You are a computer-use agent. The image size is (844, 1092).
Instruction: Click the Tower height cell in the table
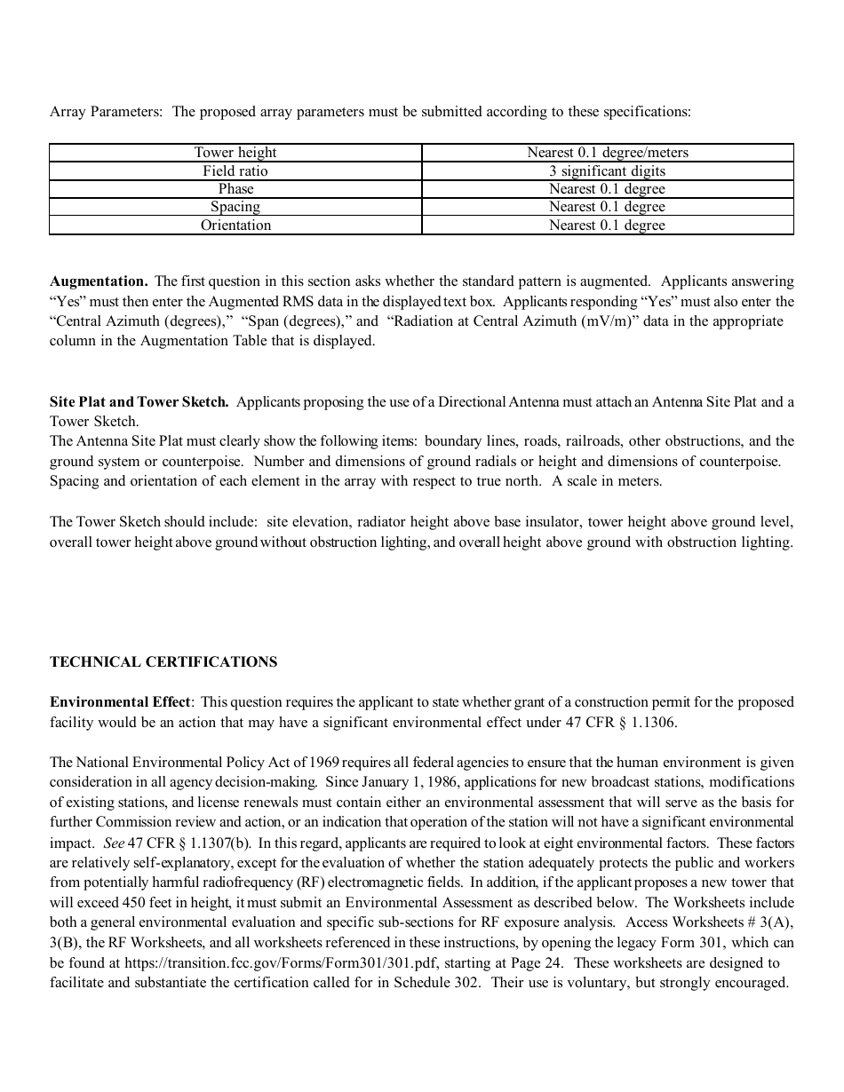pyautogui.click(x=235, y=153)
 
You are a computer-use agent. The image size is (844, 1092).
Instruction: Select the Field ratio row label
pyautogui.click(x=235, y=170)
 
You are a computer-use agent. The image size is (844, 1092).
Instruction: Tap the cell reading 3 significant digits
pyautogui.click(x=607, y=170)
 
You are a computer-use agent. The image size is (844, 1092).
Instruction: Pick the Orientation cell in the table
pyautogui.click(x=235, y=226)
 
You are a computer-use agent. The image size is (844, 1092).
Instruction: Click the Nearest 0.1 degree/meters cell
pyautogui.click(x=607, y=153)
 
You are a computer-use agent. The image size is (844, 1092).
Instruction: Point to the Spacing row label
pyautogui.click(x=235, y=207)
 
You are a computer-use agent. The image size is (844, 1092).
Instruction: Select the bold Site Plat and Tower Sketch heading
pyautogui.click(x=139, y=402)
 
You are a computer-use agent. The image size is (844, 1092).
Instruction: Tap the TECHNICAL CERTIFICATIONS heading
pyautogui.click(x=163, y=662)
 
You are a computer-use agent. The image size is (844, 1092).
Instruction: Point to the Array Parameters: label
pyautogui.click(x=106, y=112)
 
